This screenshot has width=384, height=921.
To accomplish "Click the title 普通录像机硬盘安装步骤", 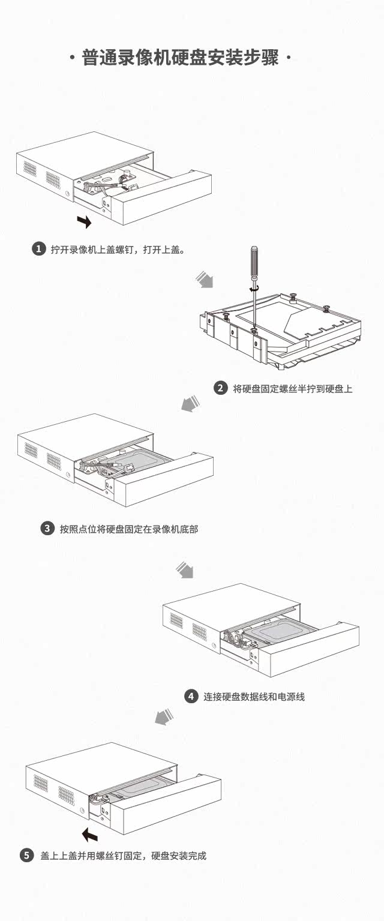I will (x=181, y=59).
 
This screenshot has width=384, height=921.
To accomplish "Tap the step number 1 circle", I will (x=38, y=249).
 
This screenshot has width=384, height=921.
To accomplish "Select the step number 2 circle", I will (x=221, y=388).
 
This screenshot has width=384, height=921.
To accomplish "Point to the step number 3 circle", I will (x=47, y=529).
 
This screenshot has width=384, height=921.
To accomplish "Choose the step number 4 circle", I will (x=191, y=696).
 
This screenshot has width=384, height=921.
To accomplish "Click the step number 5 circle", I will (x=27, y=856).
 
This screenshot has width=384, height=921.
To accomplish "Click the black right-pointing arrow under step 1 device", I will (x=85, y=222).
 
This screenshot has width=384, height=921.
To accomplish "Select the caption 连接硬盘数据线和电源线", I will (x=254, y=697).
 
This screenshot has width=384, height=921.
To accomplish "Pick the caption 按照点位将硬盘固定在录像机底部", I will (x=129, y=529).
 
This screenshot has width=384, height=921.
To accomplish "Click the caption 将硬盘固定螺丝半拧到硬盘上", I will (x=293, y=388).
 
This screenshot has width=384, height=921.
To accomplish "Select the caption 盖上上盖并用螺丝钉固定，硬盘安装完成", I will (x=123, y=856).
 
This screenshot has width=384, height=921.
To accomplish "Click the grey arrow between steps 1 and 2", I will (x=205, y=280).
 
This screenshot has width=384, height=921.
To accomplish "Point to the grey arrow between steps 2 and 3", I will (x=190, y=404).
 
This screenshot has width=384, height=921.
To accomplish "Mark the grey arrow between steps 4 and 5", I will (x=164, y=716).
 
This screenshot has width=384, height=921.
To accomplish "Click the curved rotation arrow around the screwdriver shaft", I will (x=254, y=289).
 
